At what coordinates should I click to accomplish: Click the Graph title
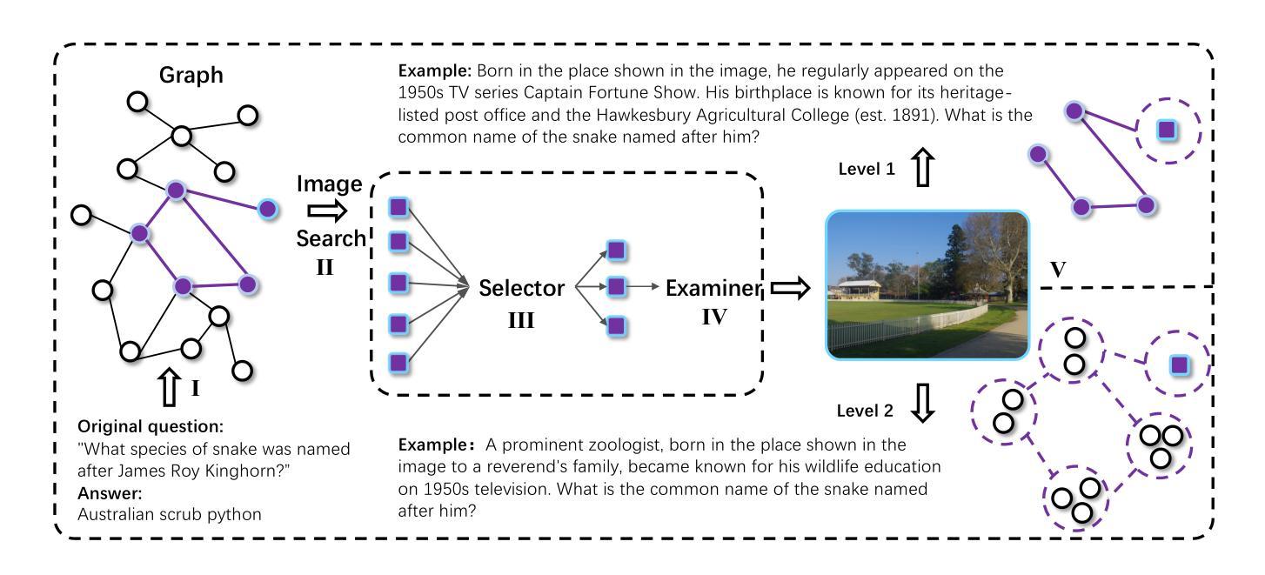[x=191, y=75]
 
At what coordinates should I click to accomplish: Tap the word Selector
[x=521, y=288]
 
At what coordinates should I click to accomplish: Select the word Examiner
[x=713, y=288]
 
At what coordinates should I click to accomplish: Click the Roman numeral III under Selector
[x=520, y=320]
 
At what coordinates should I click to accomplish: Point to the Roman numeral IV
[x=714, y=317]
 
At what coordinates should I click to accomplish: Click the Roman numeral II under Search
[x=325, y=267]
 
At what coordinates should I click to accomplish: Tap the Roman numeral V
[x=1058, y=269]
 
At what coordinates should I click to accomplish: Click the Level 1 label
[x=867, y=169]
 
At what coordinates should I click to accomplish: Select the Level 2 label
[x=865, y=411]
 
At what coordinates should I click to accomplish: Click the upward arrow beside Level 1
[x=923, y=167]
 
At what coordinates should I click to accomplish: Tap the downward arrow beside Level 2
[x=923, y=404]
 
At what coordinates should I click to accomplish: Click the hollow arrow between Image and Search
[x=327, y=211]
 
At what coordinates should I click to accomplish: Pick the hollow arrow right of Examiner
[x=791, y=288]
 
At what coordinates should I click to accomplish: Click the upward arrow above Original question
[x=169, y=387]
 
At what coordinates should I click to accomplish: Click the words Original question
[x=151, y=426]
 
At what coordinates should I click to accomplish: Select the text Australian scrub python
[x=170, y=515]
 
